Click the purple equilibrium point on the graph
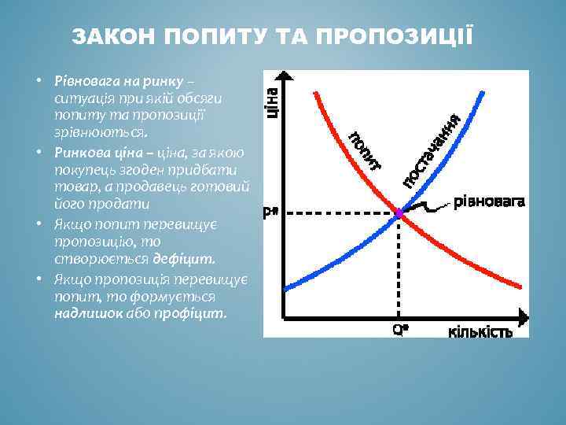click(399, 213)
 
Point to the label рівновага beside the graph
click(488, 201)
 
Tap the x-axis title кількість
click(480, 331)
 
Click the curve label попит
click(364, 149)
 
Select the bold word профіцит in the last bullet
click(196, 312)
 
